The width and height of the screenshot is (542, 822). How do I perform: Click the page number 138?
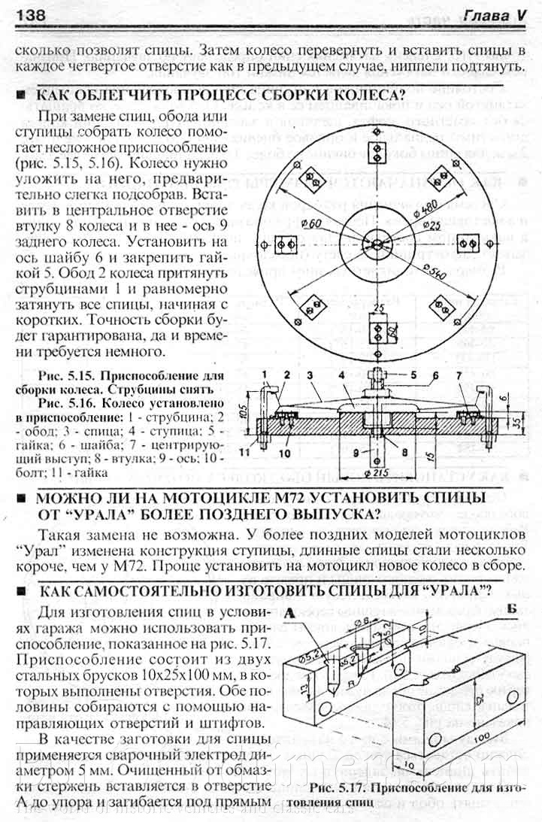point(28,15)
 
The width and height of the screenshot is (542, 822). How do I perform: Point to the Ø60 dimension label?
point(313,222)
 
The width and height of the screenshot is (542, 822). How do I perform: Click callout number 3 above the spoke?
point(309,374)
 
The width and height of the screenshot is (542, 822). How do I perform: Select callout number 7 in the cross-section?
point(479,374)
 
